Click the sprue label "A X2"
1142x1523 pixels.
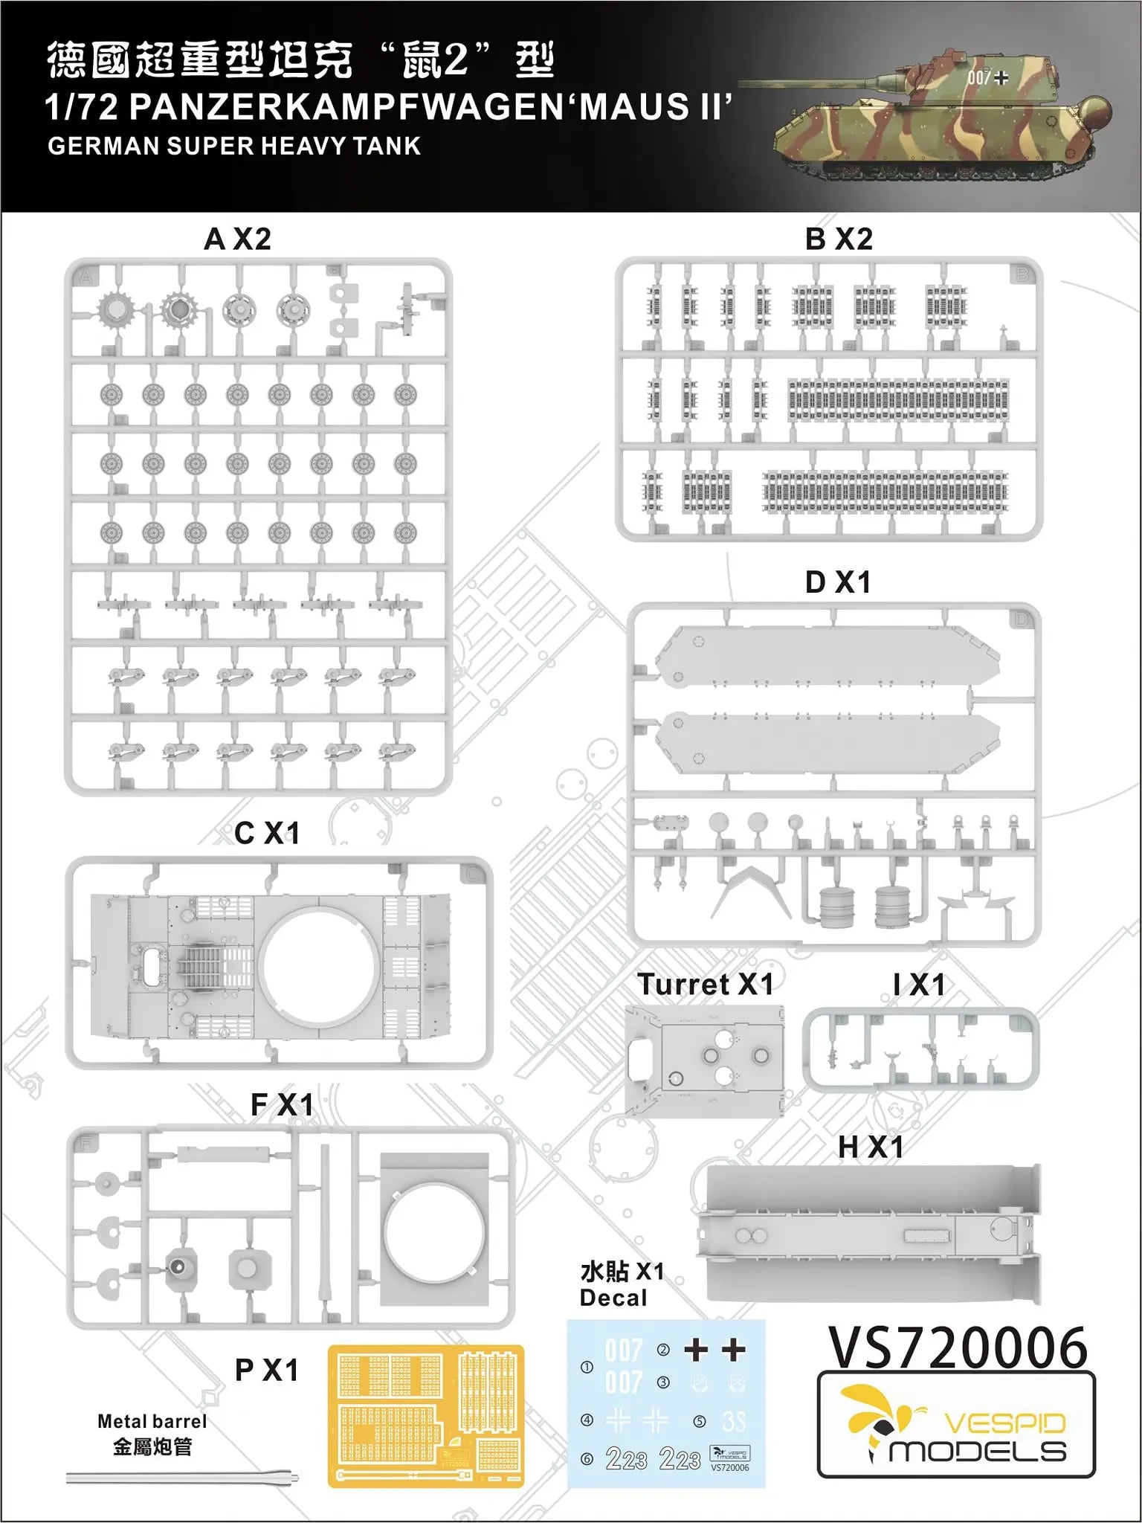click(x=237, y=239)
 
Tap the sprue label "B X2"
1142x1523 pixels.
click(x=838, y=239)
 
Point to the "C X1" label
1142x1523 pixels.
click(x=267, y=834)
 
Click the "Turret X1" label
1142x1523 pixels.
click(x=705, y=985)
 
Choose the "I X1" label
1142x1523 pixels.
click(x=919, y=985)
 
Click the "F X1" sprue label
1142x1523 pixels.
click(x=282, y=1105)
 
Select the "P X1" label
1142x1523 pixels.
click(x=266, y=1370)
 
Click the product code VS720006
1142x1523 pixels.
click(x=958, y=1347)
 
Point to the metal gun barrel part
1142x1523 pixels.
click(x=182, y=1477)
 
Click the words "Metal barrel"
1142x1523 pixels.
click(x=152, y=1421)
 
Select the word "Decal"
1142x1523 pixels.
click(x=613, y=1298)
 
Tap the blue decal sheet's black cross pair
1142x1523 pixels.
click(x=714, y=1350)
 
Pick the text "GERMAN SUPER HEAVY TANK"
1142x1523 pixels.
click(x=234, y=146)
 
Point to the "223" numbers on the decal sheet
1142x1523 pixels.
click(x=653, y=1459)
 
